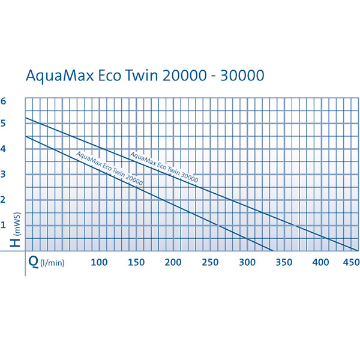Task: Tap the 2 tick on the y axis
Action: (x=4, y=200)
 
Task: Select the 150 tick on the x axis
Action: (x=136, y=262)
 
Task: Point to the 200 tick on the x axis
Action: (x=173, y=262)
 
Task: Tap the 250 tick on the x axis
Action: (x=210, y=262)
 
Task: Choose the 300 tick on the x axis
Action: (x=247, y=262)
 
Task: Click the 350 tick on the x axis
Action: (x=284, y=262)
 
